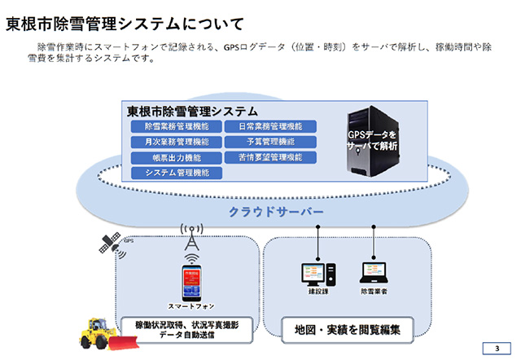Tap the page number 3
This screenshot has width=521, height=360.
click(x=497, y=349)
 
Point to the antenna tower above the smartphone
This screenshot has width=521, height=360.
click(x=190, y=238)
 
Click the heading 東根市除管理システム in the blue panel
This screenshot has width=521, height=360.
click(x=192, y=110)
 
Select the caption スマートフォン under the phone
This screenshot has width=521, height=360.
click(x=190, y=307)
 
